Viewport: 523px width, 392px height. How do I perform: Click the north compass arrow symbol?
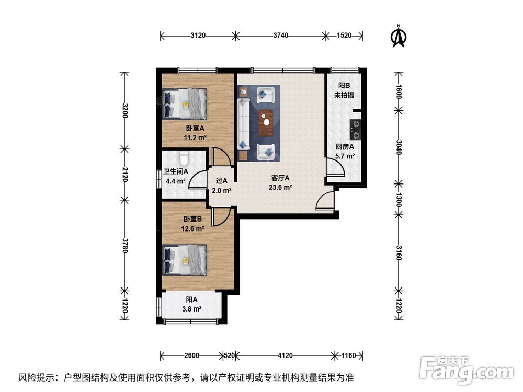click(x=399, y=37)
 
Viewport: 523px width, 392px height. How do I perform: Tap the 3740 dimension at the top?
click(x=281, y=36)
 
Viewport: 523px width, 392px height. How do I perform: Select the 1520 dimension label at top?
click(x=344, y=36)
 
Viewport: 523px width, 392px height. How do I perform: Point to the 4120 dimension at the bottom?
click(x=285, y=355)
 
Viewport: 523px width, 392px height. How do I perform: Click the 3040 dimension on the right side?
click(x=399, y=147)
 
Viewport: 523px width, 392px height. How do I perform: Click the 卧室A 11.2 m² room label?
click(x=195, y=133)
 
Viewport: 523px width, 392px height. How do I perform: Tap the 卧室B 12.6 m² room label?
click(x=193, y=224)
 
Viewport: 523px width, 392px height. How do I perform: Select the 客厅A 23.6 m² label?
click(x=280, y=183)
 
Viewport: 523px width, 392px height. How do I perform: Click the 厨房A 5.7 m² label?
click(x=345, y=152)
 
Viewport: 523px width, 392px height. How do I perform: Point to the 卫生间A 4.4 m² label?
click(x=175, y=177)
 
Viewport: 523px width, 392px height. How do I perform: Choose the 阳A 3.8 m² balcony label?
click(x=192, y=304)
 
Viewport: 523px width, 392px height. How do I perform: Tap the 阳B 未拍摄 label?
click(x=344, y=90)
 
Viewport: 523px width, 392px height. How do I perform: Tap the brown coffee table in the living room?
click(x=266, y=123)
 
